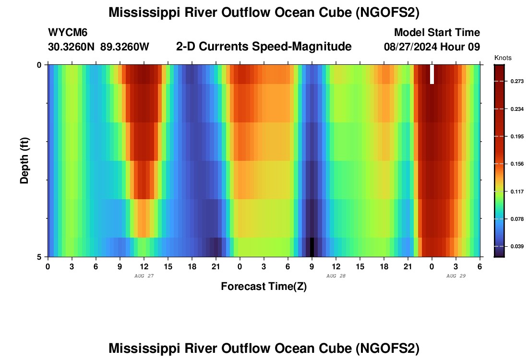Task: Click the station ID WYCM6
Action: tap(68, 33)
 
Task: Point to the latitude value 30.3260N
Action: tap(72, 47)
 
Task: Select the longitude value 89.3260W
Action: tap(125, 47)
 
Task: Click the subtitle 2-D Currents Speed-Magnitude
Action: tap(264, 47)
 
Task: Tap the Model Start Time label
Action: tap(437, 33)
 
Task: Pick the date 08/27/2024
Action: tap(413, 47)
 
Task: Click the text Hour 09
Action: tap(463, 47)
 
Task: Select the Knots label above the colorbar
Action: tap(503, 58)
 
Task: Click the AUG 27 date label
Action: tap(144, 276)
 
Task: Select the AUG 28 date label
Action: tap(336, 276)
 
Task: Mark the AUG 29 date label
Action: tap(456, 276)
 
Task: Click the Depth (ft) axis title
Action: tap(24, 160)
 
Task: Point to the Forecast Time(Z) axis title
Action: tap(264, 287)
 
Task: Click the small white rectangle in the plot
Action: tap(432, 74)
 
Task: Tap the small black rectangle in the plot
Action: tap(312, 247)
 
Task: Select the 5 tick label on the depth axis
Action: tap(39, 257)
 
